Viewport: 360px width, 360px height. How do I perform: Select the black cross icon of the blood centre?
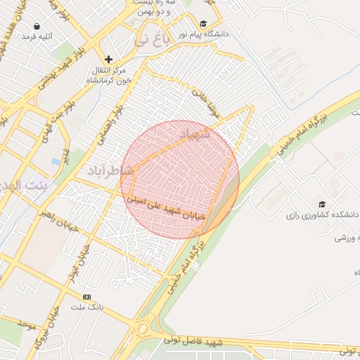tap(108, 60)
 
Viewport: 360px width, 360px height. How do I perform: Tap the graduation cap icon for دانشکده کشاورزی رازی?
tap(321, 205)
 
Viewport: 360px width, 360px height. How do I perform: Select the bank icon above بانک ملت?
tap(86, 297)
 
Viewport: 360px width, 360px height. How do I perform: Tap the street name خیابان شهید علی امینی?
tap(166, 207)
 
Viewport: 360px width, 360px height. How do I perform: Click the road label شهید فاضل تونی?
tap(193, 342)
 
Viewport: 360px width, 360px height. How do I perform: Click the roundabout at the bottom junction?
tap(145, 328)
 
